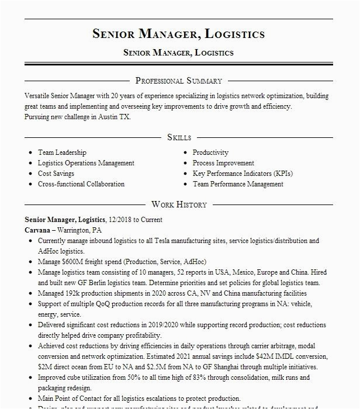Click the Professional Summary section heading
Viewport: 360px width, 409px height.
click(179, 81)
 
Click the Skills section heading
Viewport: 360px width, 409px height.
click(179, 137)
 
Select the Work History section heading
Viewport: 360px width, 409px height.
click(179, 204)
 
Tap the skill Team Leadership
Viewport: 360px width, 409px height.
click(62, 152)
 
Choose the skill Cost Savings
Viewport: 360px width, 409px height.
click(56, 174)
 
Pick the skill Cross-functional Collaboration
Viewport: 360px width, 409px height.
click(81, 184)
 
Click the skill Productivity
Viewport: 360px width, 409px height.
click(210, 152)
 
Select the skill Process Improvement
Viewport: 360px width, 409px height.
click(223, 163)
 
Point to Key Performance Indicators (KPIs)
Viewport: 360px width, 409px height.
click(243, 174)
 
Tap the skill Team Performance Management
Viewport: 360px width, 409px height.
click(238, 184)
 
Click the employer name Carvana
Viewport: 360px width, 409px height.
click(37, 230)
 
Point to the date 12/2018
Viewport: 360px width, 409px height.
click(120, 220)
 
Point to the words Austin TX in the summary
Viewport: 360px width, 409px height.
click(115, 117)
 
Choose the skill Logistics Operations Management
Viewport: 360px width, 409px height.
click(86, 163)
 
